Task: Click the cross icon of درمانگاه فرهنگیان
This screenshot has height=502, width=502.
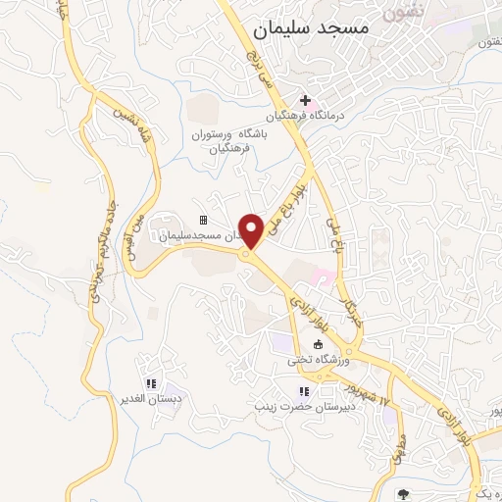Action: coord(305,100)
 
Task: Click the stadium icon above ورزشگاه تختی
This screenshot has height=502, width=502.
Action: coord(318,344)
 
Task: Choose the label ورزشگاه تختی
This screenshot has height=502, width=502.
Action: coord(312,360)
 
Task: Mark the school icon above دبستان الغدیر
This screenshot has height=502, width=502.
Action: coord(150,383)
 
